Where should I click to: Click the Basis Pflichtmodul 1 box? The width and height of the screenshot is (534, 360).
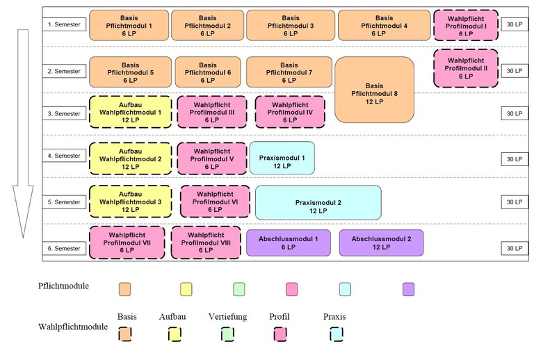pos(129,25)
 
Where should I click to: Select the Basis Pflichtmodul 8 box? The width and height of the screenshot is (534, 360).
pos(374,90)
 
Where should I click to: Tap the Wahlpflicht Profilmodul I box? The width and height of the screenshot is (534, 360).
pos(466,25)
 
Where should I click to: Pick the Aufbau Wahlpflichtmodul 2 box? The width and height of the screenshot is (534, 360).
pos(131,158)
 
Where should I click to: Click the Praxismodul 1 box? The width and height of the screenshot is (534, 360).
pos(282,158)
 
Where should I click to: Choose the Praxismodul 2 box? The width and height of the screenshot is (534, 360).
pos(318,202)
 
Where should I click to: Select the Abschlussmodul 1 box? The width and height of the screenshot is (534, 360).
pos(289,243)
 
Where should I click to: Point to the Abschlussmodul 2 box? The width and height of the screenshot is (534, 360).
pos(382,243)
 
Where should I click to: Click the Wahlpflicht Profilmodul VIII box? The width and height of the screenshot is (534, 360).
pos(206,243)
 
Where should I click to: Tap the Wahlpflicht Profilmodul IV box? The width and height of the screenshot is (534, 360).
pos(290,112)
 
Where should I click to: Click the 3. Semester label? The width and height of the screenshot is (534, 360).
pos(64,114)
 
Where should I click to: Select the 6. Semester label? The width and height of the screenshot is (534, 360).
pos(64,248)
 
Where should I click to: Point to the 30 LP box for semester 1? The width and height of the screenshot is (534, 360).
pos(515,24)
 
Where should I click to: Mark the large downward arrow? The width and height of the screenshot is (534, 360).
pos(23,133)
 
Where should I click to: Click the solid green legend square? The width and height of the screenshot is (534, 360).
pos(238,289)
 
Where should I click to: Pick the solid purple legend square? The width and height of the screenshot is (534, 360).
pos(408,289)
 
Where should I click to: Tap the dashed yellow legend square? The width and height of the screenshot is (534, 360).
pos(175,334)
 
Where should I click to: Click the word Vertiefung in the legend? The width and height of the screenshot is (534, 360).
pos(227,317)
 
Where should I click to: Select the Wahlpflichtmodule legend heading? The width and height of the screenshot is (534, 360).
pos(73,327)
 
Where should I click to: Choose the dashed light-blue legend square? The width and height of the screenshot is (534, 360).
pos(337,334)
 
